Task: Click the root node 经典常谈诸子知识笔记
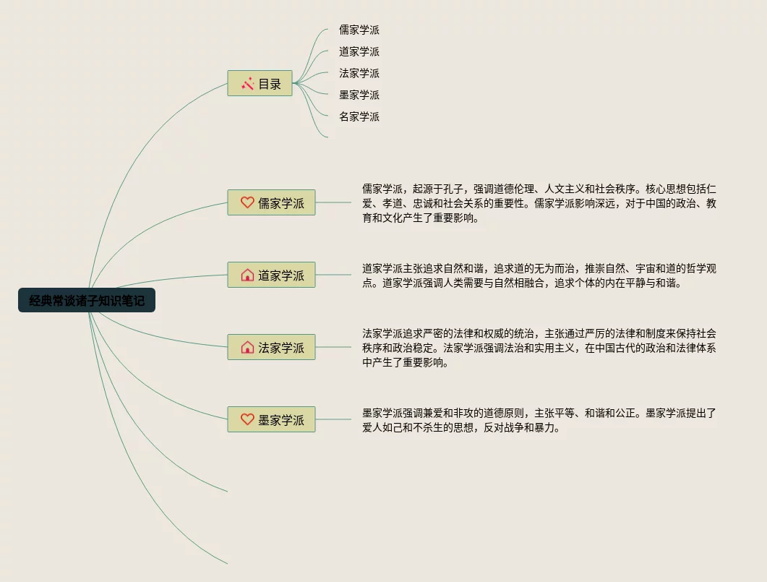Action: [87, 301]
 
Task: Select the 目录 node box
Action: [260, 84]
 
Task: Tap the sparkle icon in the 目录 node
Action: [247, 84]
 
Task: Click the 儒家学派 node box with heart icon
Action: [272, 203]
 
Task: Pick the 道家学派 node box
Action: [272, 275]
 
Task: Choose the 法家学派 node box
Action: [272, 348]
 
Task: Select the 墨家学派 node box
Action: [272, 420]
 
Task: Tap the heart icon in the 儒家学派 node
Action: [247, 203]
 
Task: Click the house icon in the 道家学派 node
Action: [247, 275]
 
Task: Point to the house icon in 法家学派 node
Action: [247, 348]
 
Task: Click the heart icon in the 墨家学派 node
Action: [247, 420]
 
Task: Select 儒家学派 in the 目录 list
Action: [359, 30]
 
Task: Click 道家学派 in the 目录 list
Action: [359, 52]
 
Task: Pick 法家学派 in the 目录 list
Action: [359, 74]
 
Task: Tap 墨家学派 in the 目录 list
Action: [359, 95]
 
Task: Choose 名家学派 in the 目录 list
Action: [359, 117]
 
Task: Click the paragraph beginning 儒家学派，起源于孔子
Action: [539, 203]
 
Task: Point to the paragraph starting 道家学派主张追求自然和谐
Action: [539, 275]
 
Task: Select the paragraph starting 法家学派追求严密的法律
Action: [539, 348]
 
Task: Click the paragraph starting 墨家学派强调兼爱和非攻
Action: [539, 420]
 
